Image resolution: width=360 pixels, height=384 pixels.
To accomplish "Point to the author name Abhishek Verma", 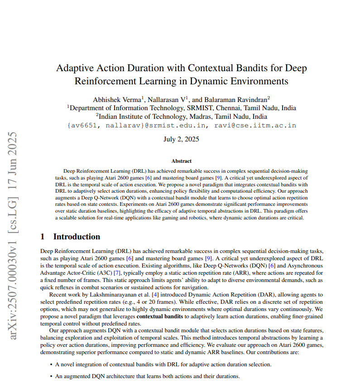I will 117,99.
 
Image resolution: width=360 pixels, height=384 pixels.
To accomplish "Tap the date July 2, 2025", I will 181,139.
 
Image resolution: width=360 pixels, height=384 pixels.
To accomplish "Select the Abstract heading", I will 181,161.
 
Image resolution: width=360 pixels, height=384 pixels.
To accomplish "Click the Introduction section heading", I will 77,237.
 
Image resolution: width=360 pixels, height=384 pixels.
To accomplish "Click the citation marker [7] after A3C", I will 117,272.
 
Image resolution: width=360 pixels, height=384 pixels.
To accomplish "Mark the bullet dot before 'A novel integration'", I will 50,364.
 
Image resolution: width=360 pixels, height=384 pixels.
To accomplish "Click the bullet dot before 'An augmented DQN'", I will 50,376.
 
